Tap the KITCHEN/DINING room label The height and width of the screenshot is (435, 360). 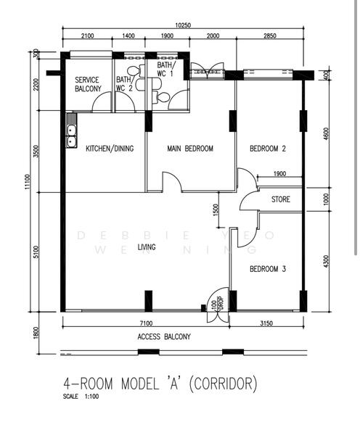pyautogui.click(x=110, y=149)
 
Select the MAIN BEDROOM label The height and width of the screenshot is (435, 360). pyautogui.click(x=190, y=149)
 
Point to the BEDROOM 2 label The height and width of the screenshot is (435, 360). pyautogui.click(x=267, y=149)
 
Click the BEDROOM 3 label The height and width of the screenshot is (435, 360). pyautogui.click(x=267, y=269)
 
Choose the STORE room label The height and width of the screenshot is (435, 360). pyautogui.click(x=281, y=199)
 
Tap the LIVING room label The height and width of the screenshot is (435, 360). pyautogui.click(x=146, y=248)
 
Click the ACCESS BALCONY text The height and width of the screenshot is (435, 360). pyautogui.click(x=163, y=336)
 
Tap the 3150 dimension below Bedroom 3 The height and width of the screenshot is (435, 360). pyautogui.click(x=266, y=323)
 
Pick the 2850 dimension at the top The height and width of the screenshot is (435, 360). pyautogui.click(x=269, y=36)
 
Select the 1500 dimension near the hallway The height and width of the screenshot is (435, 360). pyautogui.click(x=216, y=210)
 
